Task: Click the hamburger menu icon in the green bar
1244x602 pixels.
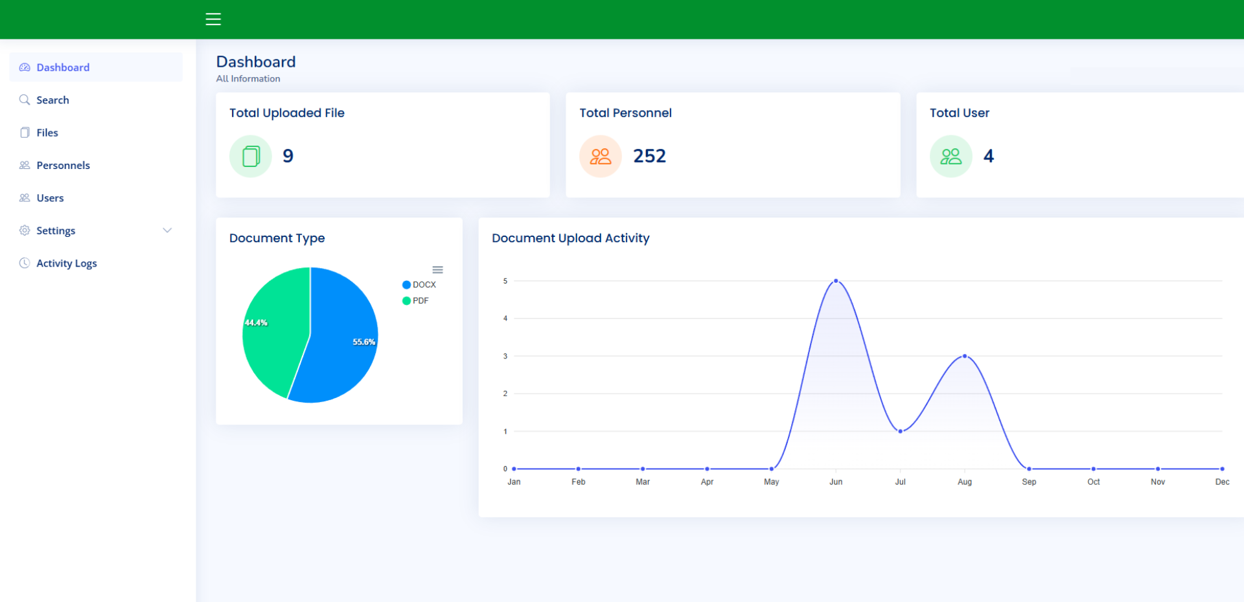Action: [x=213, y=19]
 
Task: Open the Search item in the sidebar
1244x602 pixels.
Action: [x=52, y=100]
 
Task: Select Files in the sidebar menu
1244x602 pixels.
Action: [x=47, y=133]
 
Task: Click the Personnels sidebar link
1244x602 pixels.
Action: [x=63, y=165]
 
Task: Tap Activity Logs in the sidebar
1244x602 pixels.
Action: [x=66, y=263]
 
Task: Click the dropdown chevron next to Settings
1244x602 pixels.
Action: [x=167, y=230]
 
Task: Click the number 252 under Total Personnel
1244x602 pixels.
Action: [x=649, y=156]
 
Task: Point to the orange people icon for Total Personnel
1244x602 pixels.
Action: [x=601, y=156]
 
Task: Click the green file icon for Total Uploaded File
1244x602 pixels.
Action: [x=251, y=156]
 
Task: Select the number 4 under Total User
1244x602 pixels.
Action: [x=988, y=156]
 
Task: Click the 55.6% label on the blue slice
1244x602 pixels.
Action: [x=363, y=342]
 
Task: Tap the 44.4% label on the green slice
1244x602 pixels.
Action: [x=256, y=322]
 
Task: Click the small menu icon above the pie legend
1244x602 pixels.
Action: [x=438, y=270]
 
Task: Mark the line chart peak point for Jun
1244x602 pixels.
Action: [x=836, y=281]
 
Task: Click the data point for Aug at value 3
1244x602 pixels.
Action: [x=965, y=356]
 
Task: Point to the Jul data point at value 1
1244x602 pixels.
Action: [x=900, y=431]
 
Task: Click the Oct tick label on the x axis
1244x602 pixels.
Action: [x=1093, y=482]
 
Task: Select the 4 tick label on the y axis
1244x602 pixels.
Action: [x=505, y=318]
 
